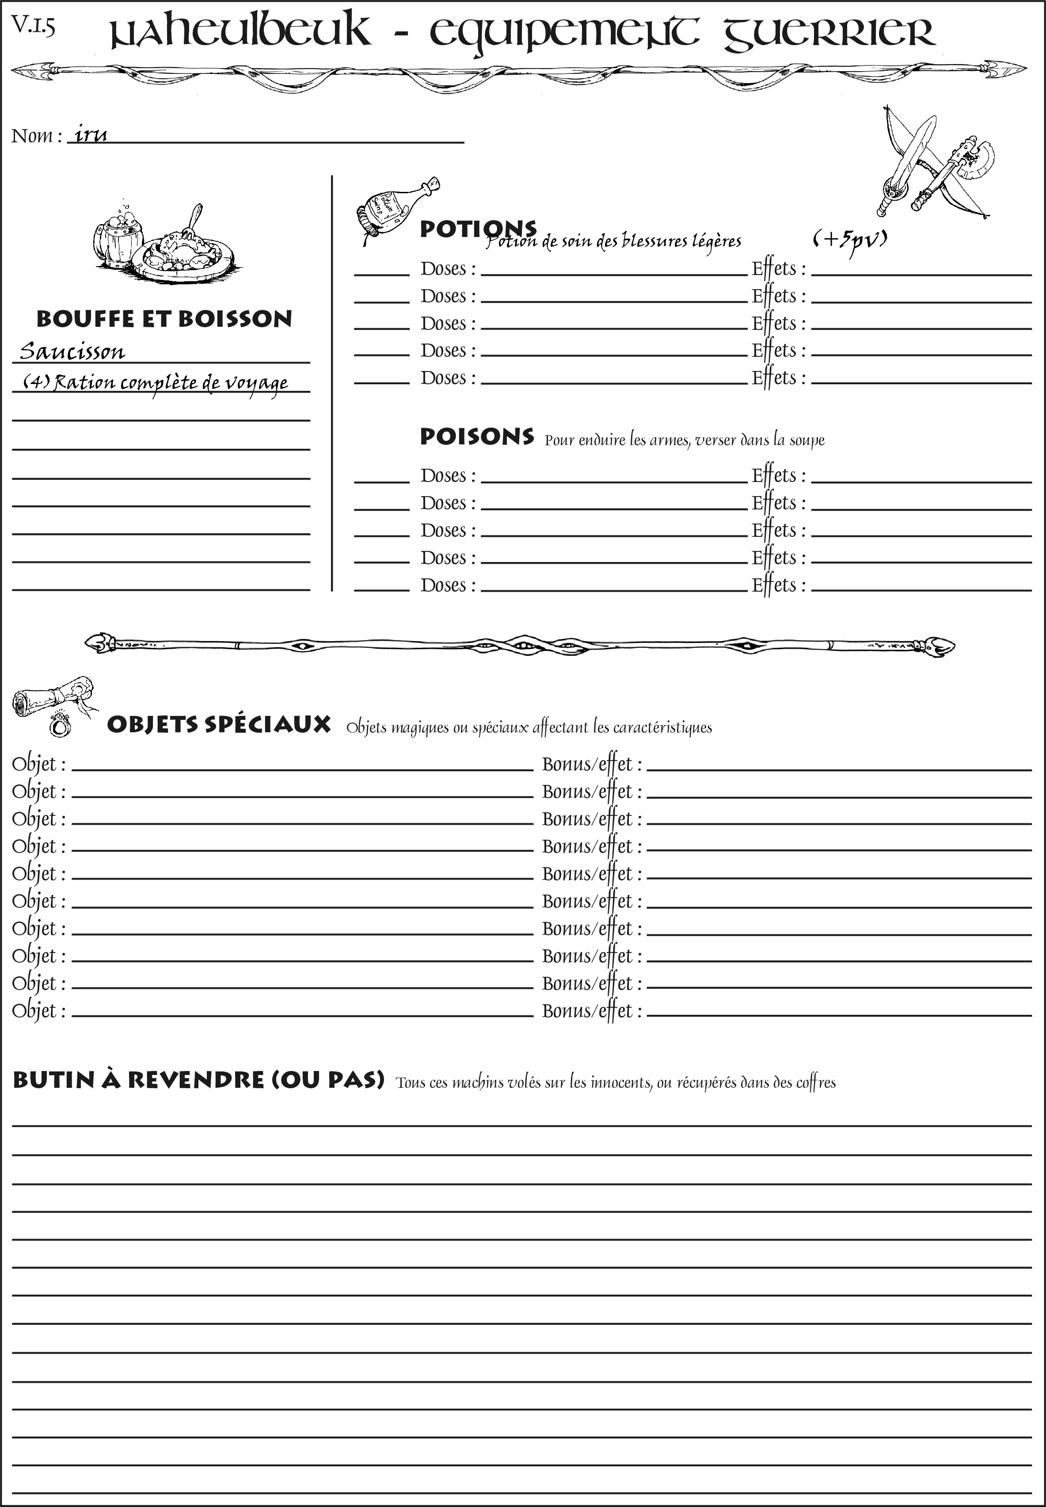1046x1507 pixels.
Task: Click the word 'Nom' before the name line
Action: [32, 136]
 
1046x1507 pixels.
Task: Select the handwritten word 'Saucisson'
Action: [72, 352]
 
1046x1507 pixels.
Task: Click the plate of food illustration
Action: [183, 252]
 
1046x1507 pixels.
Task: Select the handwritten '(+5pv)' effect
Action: [849, 240]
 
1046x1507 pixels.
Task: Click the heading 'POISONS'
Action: [476, 437]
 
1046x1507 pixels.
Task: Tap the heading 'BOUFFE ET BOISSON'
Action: [164, 319]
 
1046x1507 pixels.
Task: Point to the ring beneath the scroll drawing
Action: [60, 725]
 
